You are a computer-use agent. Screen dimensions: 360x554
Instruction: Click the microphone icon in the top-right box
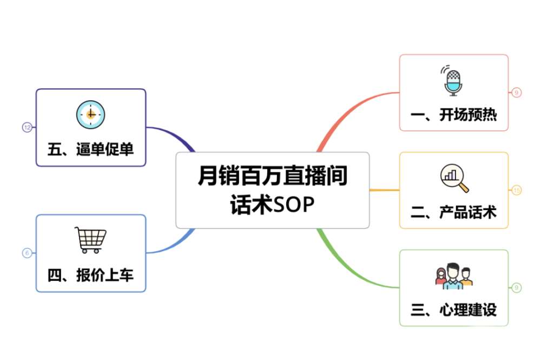click(453, 81)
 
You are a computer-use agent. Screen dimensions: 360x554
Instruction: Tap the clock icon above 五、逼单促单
click(90, 114)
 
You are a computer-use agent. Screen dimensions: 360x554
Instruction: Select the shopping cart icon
click(90, 240)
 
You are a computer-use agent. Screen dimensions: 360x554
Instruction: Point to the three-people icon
click(453, 276)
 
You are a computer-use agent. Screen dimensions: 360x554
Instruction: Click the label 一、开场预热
click(453, 115)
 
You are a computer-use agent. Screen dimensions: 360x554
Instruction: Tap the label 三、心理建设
click(453, 310)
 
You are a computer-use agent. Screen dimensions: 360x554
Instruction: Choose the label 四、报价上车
click(90, 276)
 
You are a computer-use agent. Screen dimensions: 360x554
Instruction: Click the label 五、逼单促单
click(90, 149)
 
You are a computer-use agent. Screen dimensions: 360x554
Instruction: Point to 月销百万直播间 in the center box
click(272, 176)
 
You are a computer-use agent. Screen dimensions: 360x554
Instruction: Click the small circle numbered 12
click(27, 127)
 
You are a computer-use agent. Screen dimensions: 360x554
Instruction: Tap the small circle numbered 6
click(27, 253)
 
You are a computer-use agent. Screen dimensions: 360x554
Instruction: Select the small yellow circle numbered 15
click(517, 190)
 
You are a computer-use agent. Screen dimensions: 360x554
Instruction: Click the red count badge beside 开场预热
click(517, 93)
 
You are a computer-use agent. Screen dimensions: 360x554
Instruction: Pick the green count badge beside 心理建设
click(517, 287)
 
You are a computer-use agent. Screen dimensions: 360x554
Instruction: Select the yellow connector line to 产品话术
click(384, 190)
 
